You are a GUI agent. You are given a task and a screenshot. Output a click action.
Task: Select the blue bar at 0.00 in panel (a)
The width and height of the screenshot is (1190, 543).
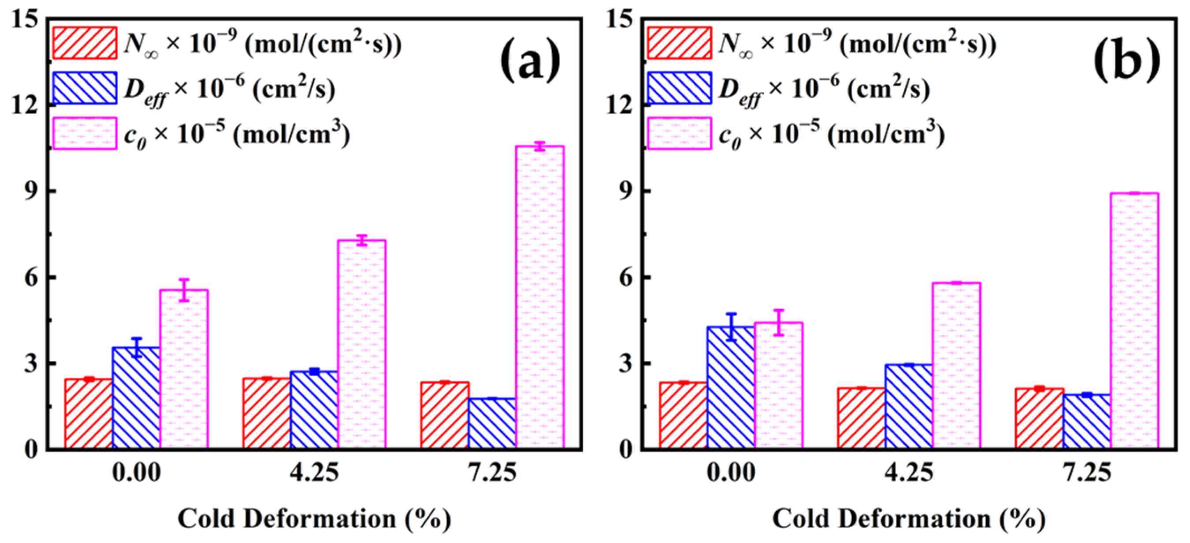pyautogui.click(x=136, y=397)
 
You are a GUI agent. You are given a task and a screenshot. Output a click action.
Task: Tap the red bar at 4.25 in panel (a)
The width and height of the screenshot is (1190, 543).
pyautogui.click(x=266, y=413)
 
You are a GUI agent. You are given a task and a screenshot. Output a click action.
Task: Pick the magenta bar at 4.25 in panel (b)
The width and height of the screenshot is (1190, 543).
pyautogui.click(x=956, y=365)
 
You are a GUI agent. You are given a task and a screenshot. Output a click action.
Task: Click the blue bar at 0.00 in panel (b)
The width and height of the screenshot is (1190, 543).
pyautogui.click(x=731, y=387)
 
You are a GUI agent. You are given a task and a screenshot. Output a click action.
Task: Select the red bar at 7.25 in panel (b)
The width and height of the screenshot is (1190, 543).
pyautogui.click(x=1040, y=418)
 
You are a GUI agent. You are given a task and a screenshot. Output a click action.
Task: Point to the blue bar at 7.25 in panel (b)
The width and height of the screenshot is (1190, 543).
pyautogui.click(x=1087, y=421)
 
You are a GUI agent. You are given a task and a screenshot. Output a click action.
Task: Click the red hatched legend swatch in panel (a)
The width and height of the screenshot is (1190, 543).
pyautogui.click(x=85, y=43)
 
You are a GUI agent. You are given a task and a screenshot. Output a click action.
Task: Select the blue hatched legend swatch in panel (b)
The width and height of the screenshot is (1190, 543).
pyautogui.click(x=679, y=88)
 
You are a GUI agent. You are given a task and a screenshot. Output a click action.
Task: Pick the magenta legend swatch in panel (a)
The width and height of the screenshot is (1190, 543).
pyautogui.click(x=85, y=133)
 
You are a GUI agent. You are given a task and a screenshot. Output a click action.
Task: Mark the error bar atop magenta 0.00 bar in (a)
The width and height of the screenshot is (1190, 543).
pyautogui.click(x=184, y=290)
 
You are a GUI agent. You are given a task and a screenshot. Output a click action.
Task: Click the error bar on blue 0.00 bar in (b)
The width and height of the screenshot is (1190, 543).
pyautogui.click(x=731, y=327)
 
